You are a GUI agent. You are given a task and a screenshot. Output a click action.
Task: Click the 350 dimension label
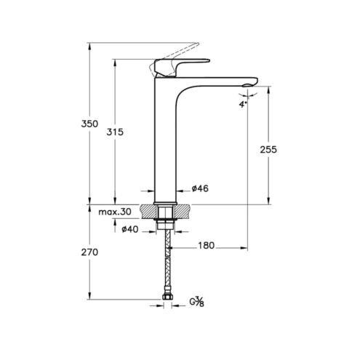(x=89, y=124)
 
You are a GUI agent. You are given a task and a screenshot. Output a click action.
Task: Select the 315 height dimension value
(x=115, y=132)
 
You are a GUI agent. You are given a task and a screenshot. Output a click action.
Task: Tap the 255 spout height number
(x=268, y=150)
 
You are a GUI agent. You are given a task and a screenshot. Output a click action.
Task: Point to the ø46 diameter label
(x=200, y=188)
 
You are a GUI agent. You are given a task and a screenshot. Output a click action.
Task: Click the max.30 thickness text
(x=115, y=212)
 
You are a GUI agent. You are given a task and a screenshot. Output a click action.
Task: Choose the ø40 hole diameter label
(x=130, y=229)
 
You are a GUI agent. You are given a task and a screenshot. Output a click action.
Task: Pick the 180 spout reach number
(x=207, y=246)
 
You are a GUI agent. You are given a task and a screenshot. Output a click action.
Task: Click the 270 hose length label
(x=89, y=252)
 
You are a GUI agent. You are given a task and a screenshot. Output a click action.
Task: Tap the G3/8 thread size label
(x=196, y=302)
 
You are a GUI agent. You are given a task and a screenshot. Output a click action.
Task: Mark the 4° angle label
(x=243, y=105)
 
